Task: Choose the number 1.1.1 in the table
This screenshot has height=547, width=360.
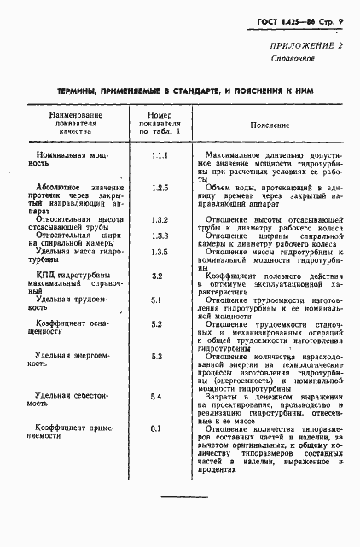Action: (159, 158)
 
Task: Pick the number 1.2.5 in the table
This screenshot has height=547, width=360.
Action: (159, 187)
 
